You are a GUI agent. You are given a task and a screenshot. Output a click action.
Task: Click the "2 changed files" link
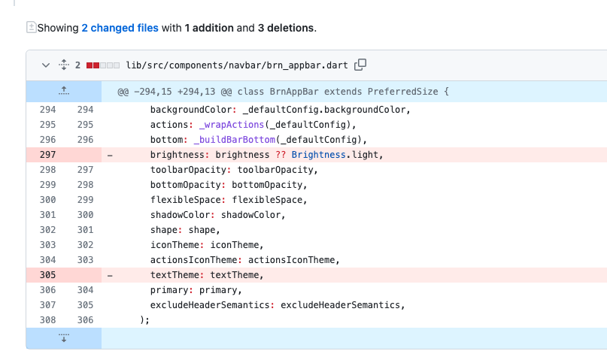[x=120, y=28]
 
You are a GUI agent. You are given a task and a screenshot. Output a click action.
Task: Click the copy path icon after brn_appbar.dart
[x=360, y=65]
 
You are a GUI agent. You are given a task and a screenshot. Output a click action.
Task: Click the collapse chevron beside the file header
[x=45, y=65]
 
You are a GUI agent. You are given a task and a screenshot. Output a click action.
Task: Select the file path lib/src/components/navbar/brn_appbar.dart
[x=237, y=65]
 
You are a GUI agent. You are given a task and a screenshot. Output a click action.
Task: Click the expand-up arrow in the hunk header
[x=64, y=92]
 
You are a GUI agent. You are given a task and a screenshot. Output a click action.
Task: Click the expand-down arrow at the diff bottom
[x=64, y=337]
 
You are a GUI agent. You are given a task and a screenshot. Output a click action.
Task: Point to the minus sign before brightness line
[x=111, y=155]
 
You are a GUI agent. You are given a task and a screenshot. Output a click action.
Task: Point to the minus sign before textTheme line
[x=111, y=275]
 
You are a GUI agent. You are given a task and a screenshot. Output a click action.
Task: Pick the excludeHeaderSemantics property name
[x=205, y=305]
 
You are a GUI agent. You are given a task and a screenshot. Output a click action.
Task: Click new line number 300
[x=85, y=215]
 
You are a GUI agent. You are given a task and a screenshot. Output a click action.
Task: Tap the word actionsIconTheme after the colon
[x=291, y=260]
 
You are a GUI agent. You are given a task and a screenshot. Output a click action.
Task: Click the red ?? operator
[x=281, y=155]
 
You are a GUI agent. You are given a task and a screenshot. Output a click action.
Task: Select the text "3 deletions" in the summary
[x=286, y=28]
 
